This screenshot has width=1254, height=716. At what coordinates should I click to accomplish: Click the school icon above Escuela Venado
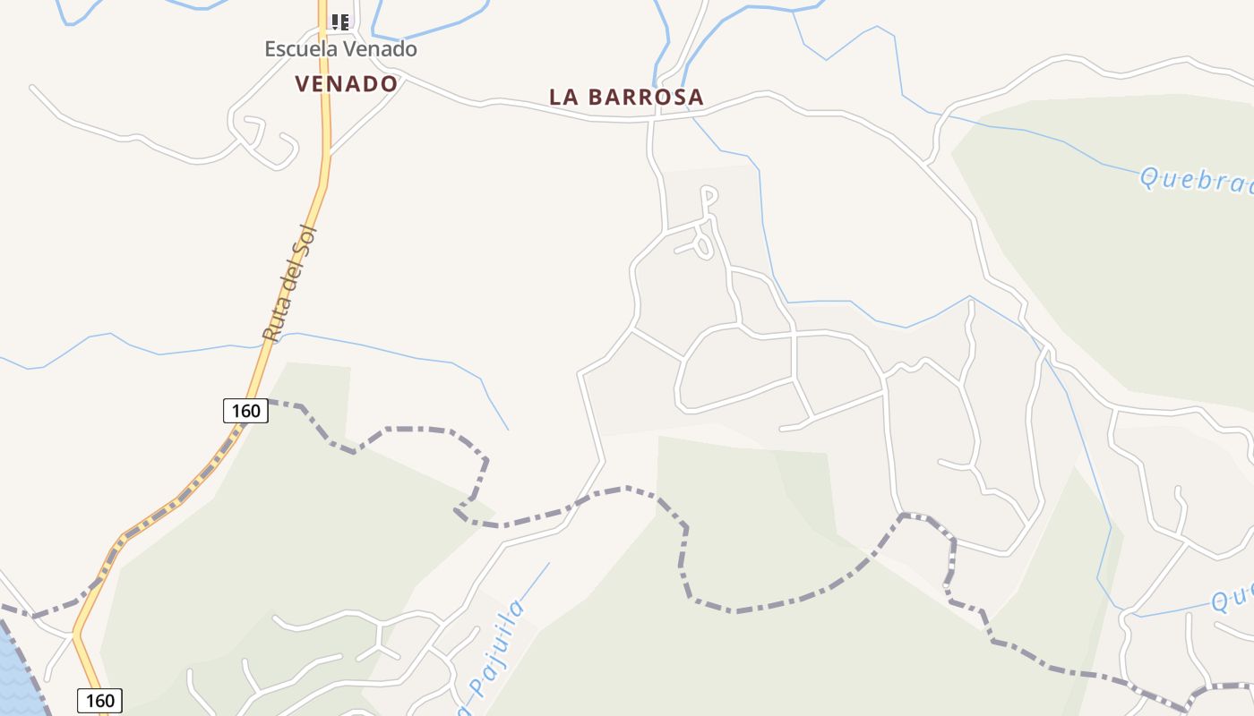coord(339,21)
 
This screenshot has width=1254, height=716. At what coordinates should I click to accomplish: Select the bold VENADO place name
coord(346,84)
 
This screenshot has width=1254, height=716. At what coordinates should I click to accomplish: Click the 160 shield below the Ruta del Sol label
coord(245,411)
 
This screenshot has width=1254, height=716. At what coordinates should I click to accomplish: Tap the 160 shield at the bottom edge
coord(99,700)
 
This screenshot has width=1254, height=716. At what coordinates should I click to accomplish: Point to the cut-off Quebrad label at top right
coord(1196,180)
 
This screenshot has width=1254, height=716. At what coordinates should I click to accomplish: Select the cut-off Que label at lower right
coord(1233,599)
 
